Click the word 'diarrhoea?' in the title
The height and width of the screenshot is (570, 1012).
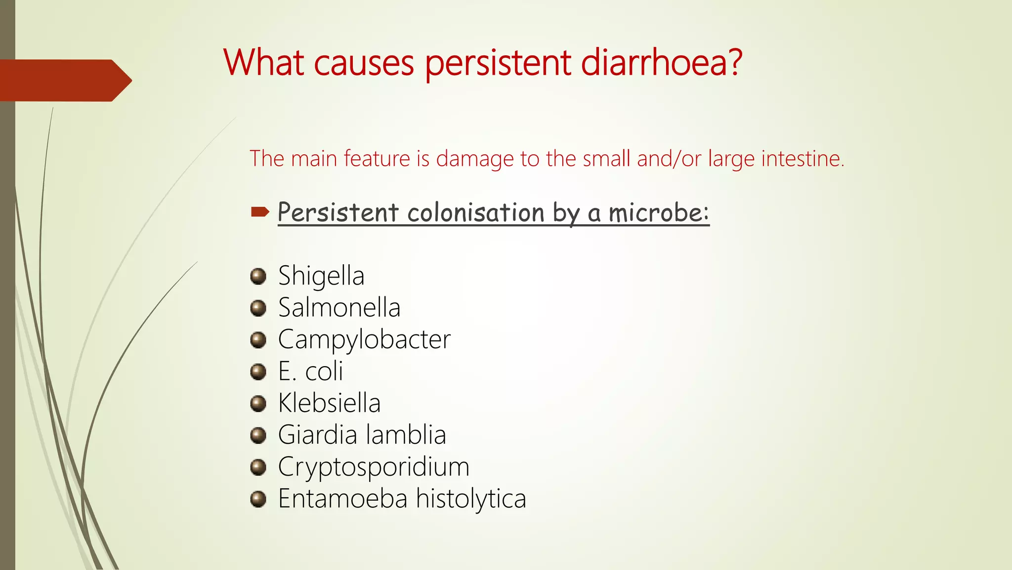(661, 63)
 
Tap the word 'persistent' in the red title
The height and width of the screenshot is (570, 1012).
(498, 64)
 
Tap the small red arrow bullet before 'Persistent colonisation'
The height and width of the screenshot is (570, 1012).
(260, 213)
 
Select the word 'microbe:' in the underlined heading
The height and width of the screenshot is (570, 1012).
(659, 213)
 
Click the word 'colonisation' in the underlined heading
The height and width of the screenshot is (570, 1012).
(476, 213)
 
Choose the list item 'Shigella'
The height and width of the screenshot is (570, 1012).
(321, 276)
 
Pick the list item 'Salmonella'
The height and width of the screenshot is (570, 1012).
(339, 308)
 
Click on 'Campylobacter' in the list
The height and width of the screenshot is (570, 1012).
(364, 340)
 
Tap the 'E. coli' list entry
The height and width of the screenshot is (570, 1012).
(310, 371)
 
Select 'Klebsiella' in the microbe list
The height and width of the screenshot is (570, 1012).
(329, 403)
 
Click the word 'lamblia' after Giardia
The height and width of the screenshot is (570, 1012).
(406, 435)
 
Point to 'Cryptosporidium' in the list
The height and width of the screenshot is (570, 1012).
(374, 467)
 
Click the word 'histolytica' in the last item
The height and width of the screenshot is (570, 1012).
(471, 499)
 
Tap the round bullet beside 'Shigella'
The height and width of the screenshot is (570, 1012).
(258, 276)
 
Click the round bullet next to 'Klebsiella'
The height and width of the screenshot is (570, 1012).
(258, 403)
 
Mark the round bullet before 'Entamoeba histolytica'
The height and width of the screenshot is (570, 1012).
(258, 499)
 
